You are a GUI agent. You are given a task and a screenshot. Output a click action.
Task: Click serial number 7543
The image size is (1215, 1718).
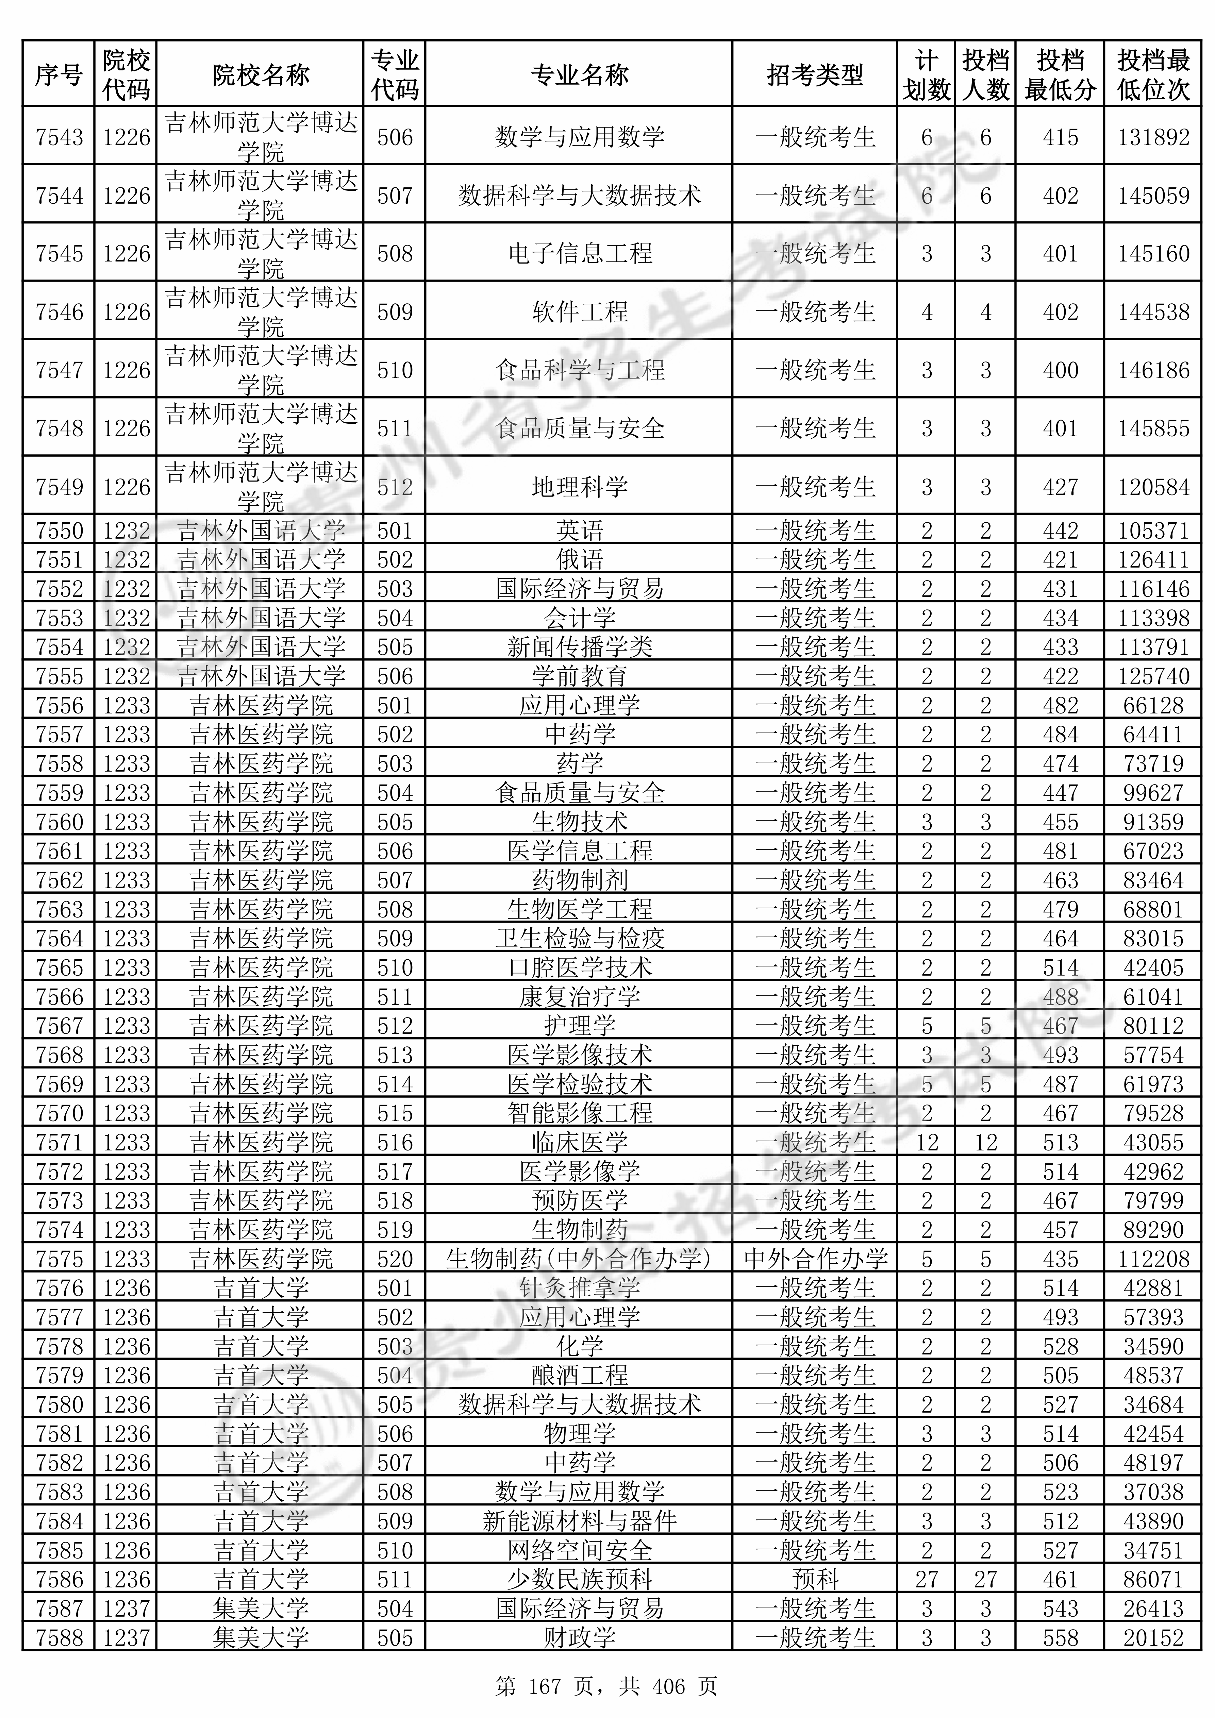click(59, 137)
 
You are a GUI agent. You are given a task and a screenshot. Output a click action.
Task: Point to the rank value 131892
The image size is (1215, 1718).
click(1153, 137)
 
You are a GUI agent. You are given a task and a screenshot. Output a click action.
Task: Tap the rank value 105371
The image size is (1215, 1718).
click(1153, 530)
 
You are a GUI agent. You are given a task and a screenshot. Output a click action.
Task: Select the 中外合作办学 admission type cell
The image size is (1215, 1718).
click(815, 1259)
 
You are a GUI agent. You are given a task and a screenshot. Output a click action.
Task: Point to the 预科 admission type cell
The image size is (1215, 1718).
click(815, 1580)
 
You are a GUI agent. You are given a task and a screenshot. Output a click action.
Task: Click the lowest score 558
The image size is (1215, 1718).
click(1060, 1638)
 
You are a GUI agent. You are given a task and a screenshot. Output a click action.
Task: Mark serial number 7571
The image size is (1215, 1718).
click(59, 1143)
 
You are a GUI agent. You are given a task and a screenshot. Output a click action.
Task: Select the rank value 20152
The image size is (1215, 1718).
click(1153, 1638)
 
